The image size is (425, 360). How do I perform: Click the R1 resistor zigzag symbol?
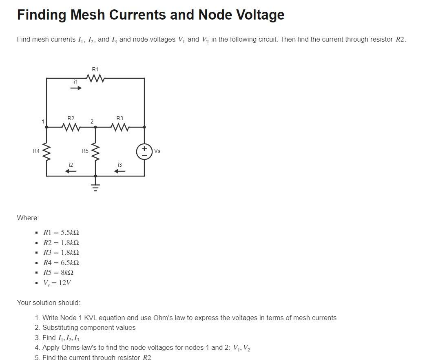click(95, 78)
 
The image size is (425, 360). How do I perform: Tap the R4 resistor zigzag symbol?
click(46, 151)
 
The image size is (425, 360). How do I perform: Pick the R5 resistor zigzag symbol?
click(95, 151)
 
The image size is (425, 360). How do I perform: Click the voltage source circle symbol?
click(144, 151)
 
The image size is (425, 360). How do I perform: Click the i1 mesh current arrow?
click(76, 88)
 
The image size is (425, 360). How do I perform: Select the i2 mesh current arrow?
click(71, 171)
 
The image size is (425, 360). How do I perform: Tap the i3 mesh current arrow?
click(120, 171)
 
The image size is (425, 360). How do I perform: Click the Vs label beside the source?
click(157, 151)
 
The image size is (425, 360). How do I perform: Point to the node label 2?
click(92, 121)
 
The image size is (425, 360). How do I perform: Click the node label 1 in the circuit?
click(42, 121)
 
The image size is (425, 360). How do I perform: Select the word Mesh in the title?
click(89, 15)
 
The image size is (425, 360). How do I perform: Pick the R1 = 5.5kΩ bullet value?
click(61, 233)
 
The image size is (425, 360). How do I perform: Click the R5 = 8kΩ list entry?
click(59, 272)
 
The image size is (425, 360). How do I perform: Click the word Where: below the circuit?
click(28, 218)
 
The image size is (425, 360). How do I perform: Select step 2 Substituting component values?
click(89, 327)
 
